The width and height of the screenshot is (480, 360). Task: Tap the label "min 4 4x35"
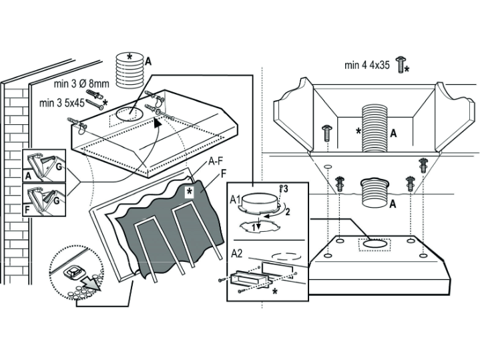tap(368, 65)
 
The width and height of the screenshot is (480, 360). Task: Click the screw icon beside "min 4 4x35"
tap(401, 65)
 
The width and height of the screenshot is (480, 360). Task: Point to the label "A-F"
tap(216, 161)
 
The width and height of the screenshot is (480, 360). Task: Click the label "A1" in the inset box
tap(234, 199)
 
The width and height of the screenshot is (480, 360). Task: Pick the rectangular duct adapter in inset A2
tap(250, 279)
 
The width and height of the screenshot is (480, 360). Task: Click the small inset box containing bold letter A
tap(44, 166)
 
